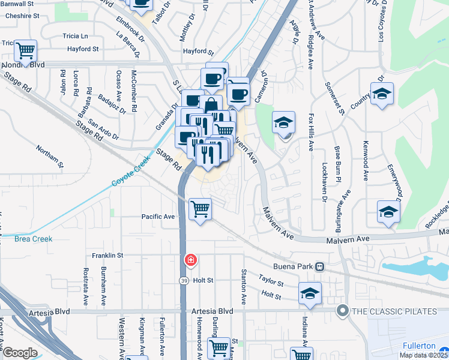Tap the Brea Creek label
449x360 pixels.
34,239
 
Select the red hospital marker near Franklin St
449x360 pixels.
190,260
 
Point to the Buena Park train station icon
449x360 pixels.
320,266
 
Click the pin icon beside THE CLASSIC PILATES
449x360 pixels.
343,311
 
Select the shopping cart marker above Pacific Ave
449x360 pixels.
200,209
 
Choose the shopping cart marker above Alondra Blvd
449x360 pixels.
26,50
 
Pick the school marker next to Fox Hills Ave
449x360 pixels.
283,123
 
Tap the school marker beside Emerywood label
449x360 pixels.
388,211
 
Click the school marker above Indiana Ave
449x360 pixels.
310,293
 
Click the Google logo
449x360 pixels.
20,353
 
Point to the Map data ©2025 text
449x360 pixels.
423,355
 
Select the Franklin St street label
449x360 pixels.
107,255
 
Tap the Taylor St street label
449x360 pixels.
271,281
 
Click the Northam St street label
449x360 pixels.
49,155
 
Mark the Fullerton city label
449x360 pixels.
419,346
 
